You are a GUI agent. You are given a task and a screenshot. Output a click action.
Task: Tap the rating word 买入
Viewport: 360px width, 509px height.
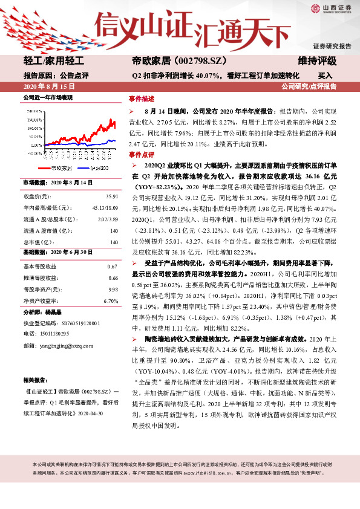click(x=326, y=76)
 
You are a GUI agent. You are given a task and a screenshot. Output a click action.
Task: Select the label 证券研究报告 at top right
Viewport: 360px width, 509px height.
click(x=332, y=47)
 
